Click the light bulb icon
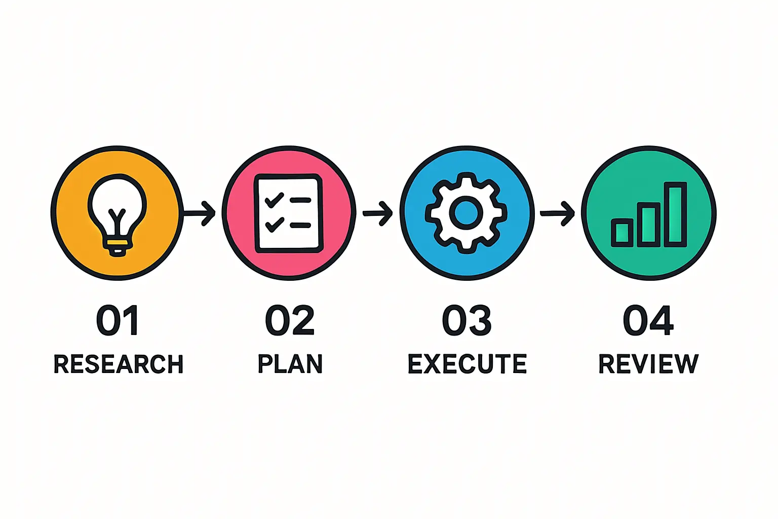coord(118,215)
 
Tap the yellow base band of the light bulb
coord(118,243)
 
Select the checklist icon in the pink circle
coord(289,213)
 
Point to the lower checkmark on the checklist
coord(275,225)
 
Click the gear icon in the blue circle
coord(466,213)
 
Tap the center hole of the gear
coord(466,213)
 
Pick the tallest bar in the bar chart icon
coord(676,214)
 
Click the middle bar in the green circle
coord(649,225)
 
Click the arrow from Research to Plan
coord(200,213)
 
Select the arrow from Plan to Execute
coord(377,213)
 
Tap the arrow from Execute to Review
coord(557,213)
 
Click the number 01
coord(118,320)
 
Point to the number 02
coord(290,320)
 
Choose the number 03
coord(467,320)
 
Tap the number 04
coord(648,320)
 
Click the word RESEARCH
coord(119,364)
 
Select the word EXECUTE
coord(467,364)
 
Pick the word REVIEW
coord(648,364)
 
